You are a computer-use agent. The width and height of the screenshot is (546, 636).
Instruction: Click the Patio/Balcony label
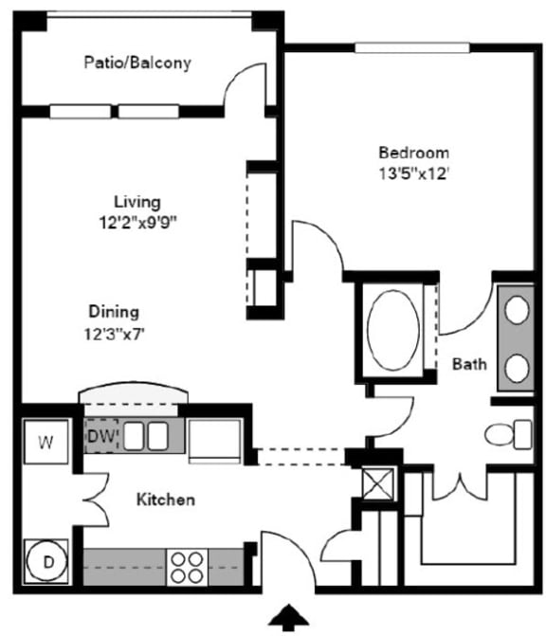(137, 64)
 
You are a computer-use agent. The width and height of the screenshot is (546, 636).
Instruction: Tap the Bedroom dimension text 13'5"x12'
(413, 173)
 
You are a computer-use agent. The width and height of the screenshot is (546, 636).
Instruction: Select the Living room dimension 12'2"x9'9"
(138, 223)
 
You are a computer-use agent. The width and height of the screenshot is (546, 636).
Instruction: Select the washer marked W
(45, 441)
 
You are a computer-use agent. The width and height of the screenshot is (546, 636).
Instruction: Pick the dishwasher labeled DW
(101, 436)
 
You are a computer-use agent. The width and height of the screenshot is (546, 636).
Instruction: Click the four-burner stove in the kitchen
(189, 566)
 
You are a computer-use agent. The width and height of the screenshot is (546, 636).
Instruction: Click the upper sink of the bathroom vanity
(518, 309)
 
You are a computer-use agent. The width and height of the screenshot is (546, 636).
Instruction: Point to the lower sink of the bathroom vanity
(518, 367)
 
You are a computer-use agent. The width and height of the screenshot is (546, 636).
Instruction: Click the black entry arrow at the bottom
(289, 618)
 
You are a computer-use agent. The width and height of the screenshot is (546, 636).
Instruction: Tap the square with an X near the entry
(378, 482)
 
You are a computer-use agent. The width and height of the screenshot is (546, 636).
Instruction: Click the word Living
(137, 202)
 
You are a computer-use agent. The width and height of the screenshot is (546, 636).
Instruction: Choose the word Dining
(114, 311)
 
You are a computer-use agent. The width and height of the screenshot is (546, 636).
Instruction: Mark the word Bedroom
(413, 152)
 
